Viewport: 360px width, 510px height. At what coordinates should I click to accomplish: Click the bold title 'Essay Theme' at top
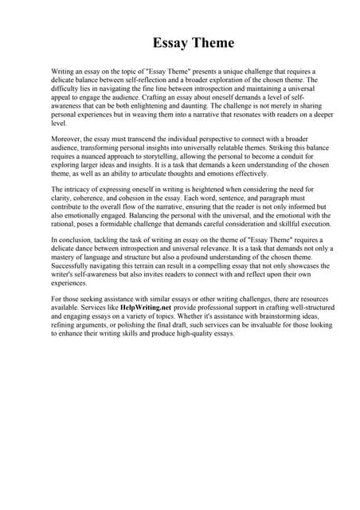(x=180, y=43)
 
